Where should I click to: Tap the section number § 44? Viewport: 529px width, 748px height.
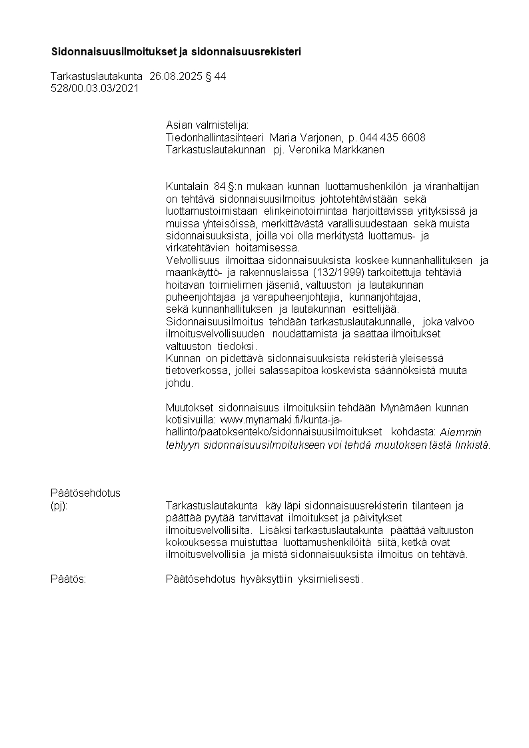click(216, 77)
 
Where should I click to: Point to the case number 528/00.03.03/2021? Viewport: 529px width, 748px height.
click(95, 88)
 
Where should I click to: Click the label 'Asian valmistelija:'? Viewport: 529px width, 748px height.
click(207, 125)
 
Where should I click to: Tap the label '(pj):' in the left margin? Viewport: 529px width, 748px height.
click(59, 505)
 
